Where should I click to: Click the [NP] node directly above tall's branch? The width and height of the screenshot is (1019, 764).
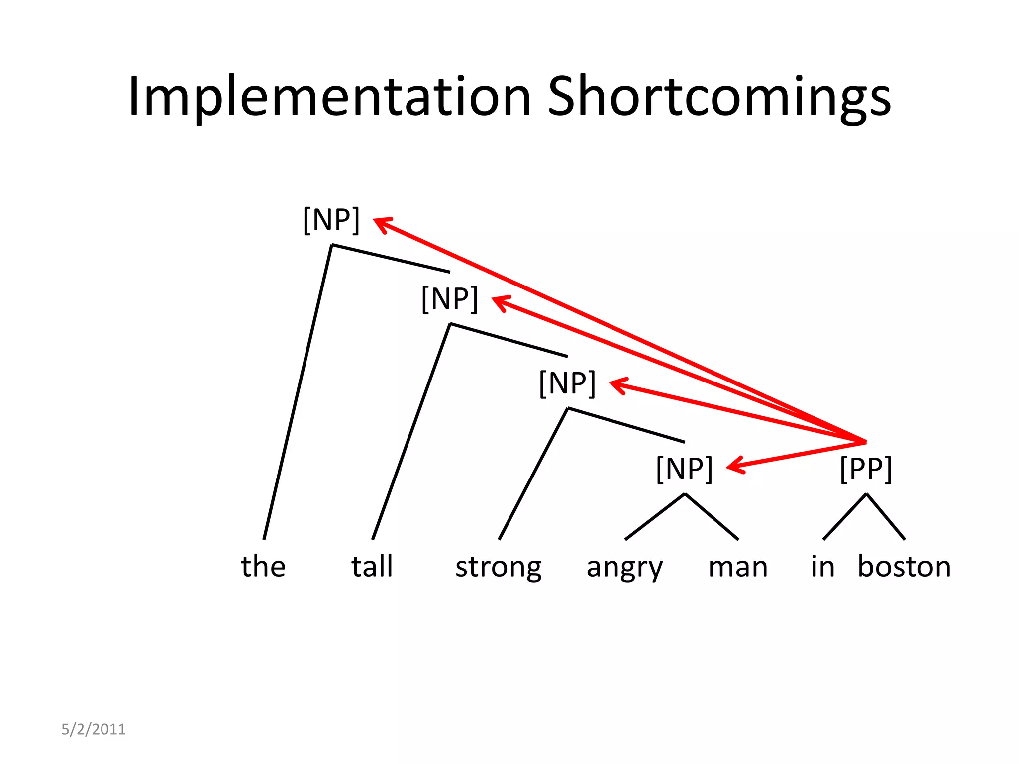coord(449,299)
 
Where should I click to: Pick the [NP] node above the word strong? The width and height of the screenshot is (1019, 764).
coord(567,383)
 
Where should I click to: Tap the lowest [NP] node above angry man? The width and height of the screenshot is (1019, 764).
coord(685,469)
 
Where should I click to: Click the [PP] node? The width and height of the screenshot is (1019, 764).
coord(866,469)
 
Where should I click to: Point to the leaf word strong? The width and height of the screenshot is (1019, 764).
coord(499,567)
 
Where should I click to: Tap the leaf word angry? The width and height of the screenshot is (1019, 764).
coord(624,567)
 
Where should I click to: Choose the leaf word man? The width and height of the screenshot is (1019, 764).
coord(738,567)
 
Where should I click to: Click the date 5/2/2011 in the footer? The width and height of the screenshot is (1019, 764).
coord(94,729)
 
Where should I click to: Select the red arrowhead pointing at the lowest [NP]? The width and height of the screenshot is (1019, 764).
coord(734,466)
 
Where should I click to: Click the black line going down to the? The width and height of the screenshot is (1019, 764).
coord(298,392)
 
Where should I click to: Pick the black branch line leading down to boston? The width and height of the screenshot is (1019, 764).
coord(886,517)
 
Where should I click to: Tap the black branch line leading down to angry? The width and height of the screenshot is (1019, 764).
coord(655,516)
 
